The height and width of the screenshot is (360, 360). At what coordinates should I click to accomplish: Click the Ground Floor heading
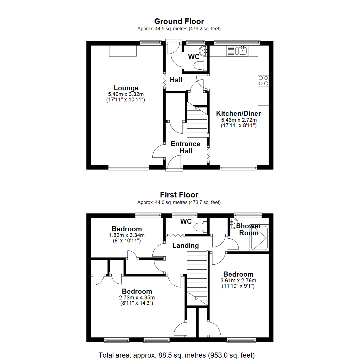pos(179,22)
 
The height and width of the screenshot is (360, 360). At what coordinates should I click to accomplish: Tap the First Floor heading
pos(179,195)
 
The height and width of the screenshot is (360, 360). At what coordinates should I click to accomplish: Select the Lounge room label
pos(126,88)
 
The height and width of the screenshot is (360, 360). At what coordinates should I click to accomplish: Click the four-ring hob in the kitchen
pos(263,81)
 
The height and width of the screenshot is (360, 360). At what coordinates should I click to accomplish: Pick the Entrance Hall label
pos(185,147)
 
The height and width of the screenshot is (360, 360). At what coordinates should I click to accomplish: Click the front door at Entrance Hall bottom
pos(174,164)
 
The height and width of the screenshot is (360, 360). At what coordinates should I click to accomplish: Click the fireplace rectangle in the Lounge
pos(123,51)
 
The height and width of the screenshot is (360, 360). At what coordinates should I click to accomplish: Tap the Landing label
pos(185,246)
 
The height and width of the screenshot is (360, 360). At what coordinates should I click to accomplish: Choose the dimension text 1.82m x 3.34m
pos(127,235)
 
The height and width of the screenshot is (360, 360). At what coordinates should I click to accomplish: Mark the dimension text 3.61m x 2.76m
pos(238,281)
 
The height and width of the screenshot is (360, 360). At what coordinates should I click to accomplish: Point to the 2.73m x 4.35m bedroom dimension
pos(137,298)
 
